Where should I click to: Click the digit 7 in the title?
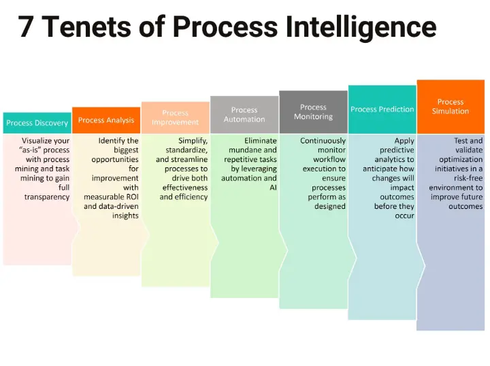point(26,27)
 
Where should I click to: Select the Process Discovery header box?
point(37,123)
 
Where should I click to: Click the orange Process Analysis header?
point(106,120)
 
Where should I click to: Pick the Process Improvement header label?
point(176,118)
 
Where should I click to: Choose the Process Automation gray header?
point(244,114)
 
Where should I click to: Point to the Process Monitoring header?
point(314,112)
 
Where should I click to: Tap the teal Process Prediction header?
point(382,110)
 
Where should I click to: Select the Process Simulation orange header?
point(451,107)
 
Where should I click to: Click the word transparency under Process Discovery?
point(47,197)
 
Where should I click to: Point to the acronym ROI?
point(131,197)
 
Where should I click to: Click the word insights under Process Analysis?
point(125,216)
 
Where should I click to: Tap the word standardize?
point(186,150)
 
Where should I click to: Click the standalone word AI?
point(273,187)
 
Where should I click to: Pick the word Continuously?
point(323,141)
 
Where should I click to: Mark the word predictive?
point(397,150)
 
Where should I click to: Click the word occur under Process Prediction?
point(405,216)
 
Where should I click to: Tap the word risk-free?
point(468,178)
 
